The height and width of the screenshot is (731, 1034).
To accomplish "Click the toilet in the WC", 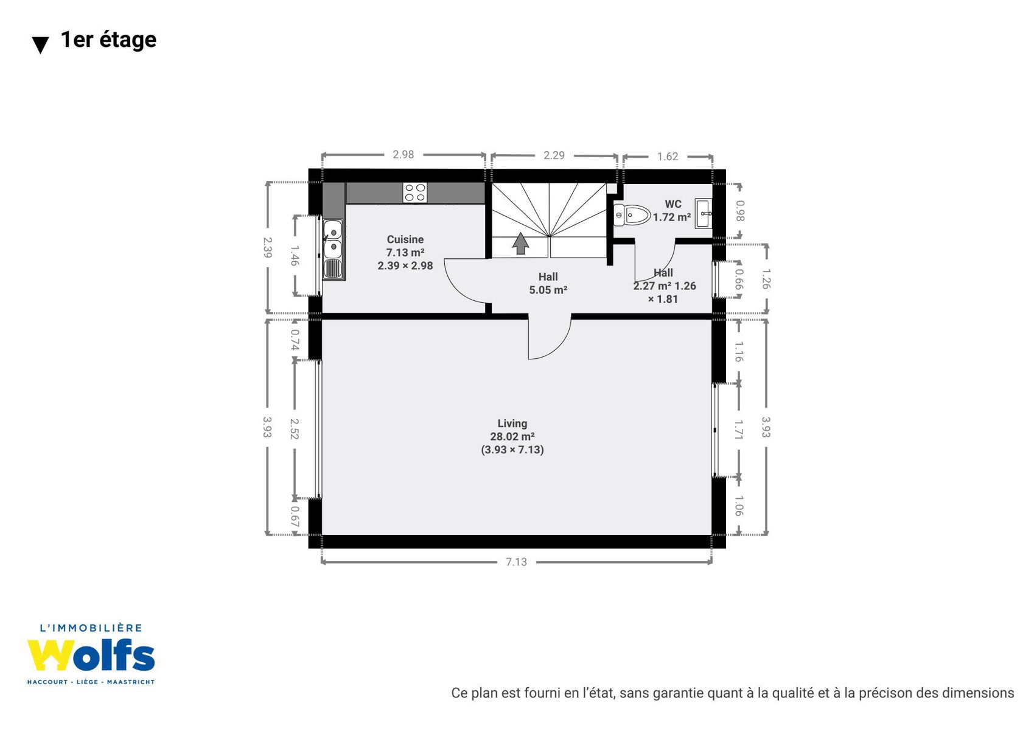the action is click(632, 215).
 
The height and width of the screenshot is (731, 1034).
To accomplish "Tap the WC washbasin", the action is click(704, 213).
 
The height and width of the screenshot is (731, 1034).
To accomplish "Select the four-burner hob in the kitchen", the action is click(415, 192).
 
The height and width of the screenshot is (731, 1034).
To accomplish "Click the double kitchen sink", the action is click(333, 250).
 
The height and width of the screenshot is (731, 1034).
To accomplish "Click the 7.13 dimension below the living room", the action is click(516, 562).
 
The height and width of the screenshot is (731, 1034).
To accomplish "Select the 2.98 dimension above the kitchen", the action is click(403, 154).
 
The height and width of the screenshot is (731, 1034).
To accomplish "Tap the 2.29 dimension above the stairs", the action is click(554, 155).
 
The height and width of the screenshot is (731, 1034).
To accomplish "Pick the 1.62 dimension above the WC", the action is click(668, 157).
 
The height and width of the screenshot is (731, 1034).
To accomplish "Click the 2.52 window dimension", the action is click(295, 429).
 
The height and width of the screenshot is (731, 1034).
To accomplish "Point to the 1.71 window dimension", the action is click(739, 429).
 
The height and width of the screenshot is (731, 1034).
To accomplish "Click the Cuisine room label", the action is click(405, 239).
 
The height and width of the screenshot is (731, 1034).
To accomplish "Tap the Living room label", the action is click(512, 423).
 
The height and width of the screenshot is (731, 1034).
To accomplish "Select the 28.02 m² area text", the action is click(512, 436).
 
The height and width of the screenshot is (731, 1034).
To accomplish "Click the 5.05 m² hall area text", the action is click(548, 290).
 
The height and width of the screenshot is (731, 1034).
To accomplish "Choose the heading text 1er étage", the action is click(108, 40).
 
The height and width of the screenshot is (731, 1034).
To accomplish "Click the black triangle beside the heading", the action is click(40, 45).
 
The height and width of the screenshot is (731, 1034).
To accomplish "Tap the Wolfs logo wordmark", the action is click(91, 655).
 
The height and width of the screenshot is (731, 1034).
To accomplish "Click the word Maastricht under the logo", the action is click(131, 682).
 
